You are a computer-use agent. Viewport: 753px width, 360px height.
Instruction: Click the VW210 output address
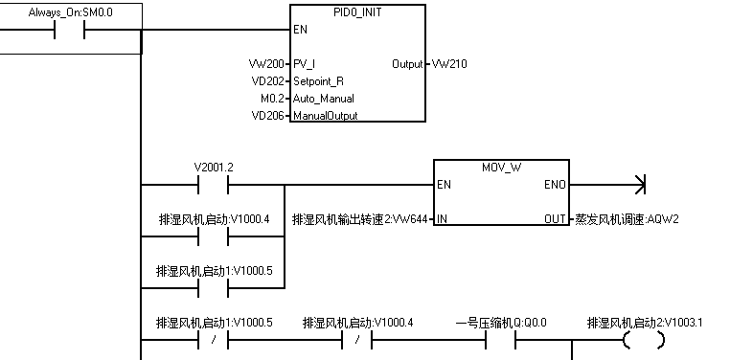449,64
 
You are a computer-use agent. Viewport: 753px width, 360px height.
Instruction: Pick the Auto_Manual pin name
324,99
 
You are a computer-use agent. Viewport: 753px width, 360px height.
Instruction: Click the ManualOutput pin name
325,116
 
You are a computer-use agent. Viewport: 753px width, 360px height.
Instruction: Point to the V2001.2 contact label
214,167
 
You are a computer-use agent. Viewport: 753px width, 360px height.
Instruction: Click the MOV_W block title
501,167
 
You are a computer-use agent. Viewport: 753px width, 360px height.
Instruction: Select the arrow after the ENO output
640,184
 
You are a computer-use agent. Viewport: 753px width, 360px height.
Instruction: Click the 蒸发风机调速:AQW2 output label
627,219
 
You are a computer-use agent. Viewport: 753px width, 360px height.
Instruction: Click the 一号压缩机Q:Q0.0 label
501,324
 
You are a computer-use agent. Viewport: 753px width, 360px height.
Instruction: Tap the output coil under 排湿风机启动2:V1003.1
642,341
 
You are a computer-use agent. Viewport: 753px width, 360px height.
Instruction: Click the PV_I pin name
305,64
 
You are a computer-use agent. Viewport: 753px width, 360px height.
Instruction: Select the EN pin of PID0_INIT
300,30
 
